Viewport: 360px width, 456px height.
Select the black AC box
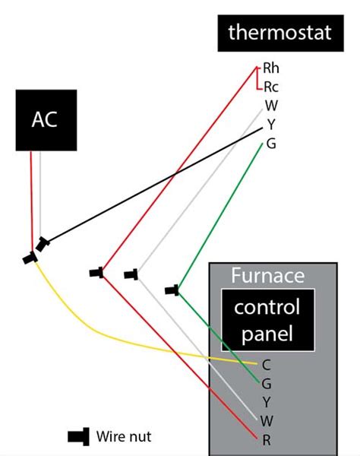44,120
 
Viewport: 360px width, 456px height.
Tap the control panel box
267,320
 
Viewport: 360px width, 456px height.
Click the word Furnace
267,274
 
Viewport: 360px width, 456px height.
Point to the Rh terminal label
272,68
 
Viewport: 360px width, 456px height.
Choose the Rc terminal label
271,87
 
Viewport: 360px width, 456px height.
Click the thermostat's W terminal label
270,105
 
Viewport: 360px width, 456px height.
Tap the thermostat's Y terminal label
270,124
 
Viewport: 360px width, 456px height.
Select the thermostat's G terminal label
270,143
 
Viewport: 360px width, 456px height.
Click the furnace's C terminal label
266,364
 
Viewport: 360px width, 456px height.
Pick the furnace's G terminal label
266,383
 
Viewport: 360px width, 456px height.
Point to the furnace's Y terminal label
266,401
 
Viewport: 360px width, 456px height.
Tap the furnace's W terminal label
266,420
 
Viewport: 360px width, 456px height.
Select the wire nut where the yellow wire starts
30,258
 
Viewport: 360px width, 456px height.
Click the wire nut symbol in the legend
78,436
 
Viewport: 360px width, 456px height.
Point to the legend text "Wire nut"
124,436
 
